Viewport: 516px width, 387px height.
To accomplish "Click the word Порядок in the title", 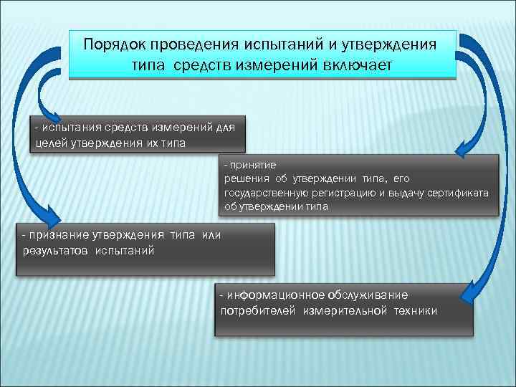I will click(x=113, y=44).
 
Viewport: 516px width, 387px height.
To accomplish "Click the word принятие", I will click(x=247, y=164).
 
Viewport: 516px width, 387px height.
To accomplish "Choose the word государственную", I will click(x=265, y=193).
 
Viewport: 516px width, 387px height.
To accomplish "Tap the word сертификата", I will click(x=464, y=193).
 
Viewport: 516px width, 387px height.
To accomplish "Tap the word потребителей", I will click(x=258, y=310).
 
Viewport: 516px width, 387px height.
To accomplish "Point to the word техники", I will click(x=415, y=310).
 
